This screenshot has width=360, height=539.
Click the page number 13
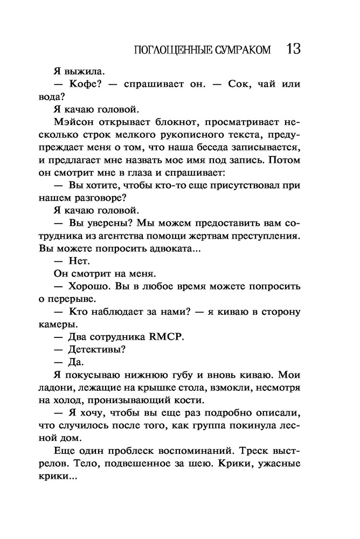(293, 49)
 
